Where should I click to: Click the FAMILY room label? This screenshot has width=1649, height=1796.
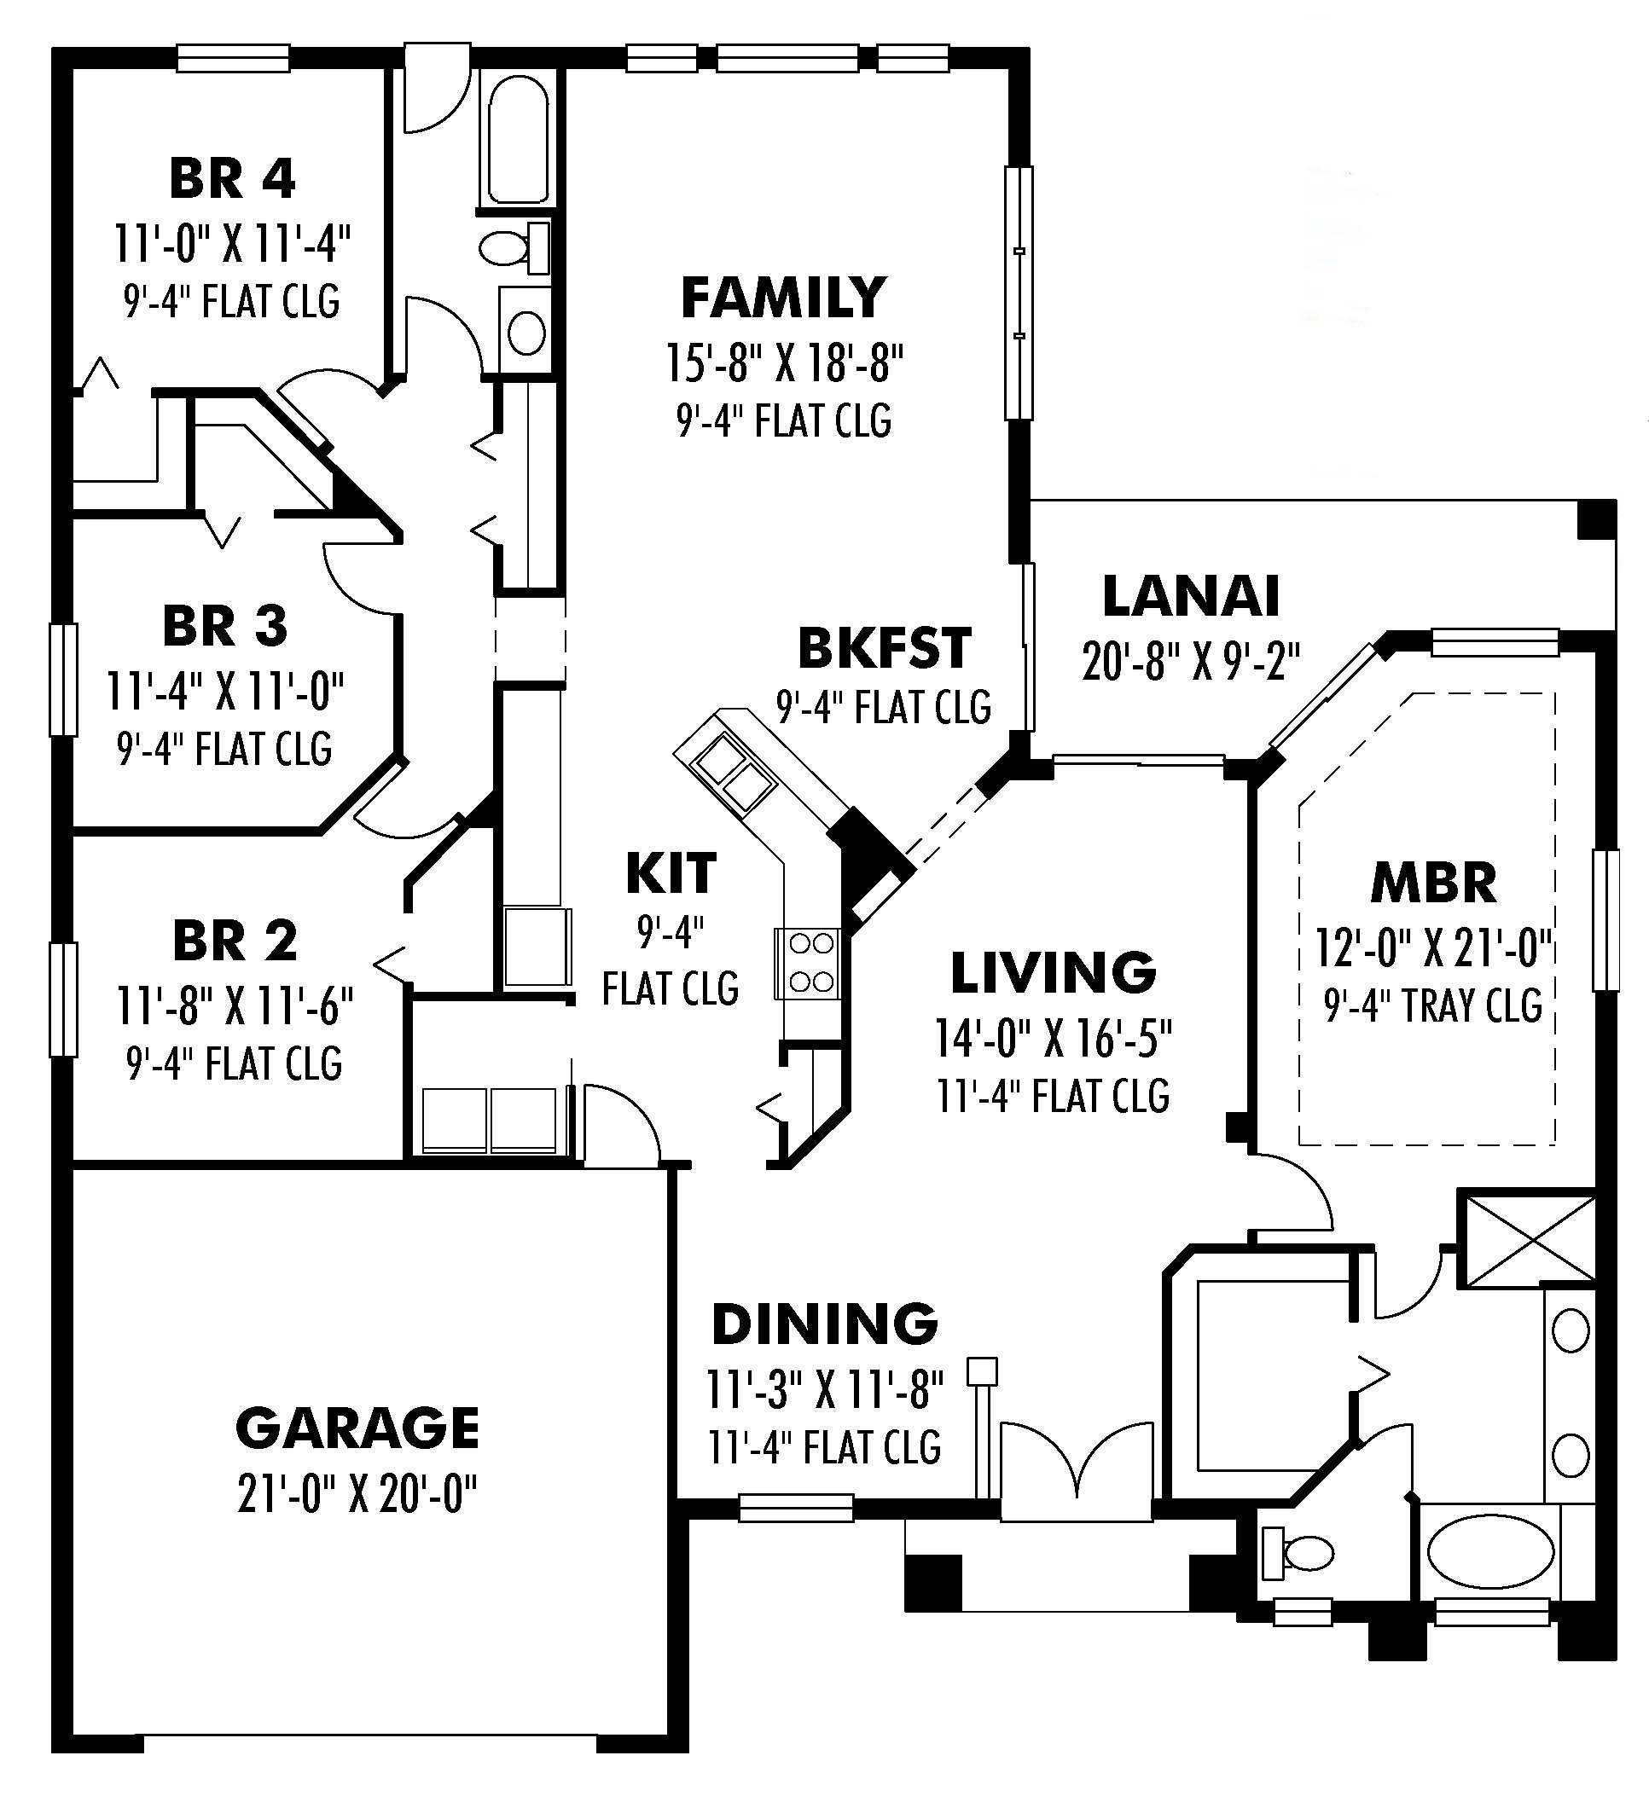click(782, 298)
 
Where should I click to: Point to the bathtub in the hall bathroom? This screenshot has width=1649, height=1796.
click(519, 140)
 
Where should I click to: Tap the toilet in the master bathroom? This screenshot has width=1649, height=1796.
click(1299, 1553)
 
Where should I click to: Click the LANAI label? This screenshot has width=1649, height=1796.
click(1191, 596)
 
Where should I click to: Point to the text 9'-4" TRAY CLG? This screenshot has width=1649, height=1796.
click(1433, 1005)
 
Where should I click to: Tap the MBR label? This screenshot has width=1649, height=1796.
click(1433, 883)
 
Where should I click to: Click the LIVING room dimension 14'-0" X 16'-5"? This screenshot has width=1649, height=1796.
click(1053, 1038)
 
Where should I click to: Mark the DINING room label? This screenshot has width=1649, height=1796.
click(824, 1324)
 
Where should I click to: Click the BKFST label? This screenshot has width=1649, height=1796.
click(884, 648)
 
